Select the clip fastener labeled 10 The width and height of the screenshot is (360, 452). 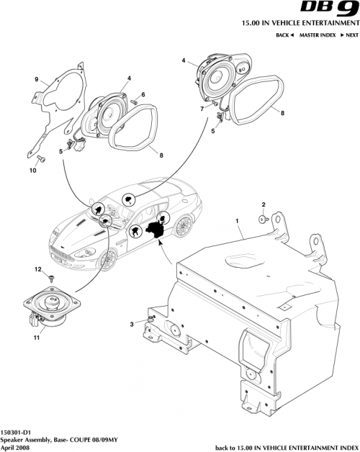coord(40,158)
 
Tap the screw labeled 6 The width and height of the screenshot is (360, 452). coord(134,105)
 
